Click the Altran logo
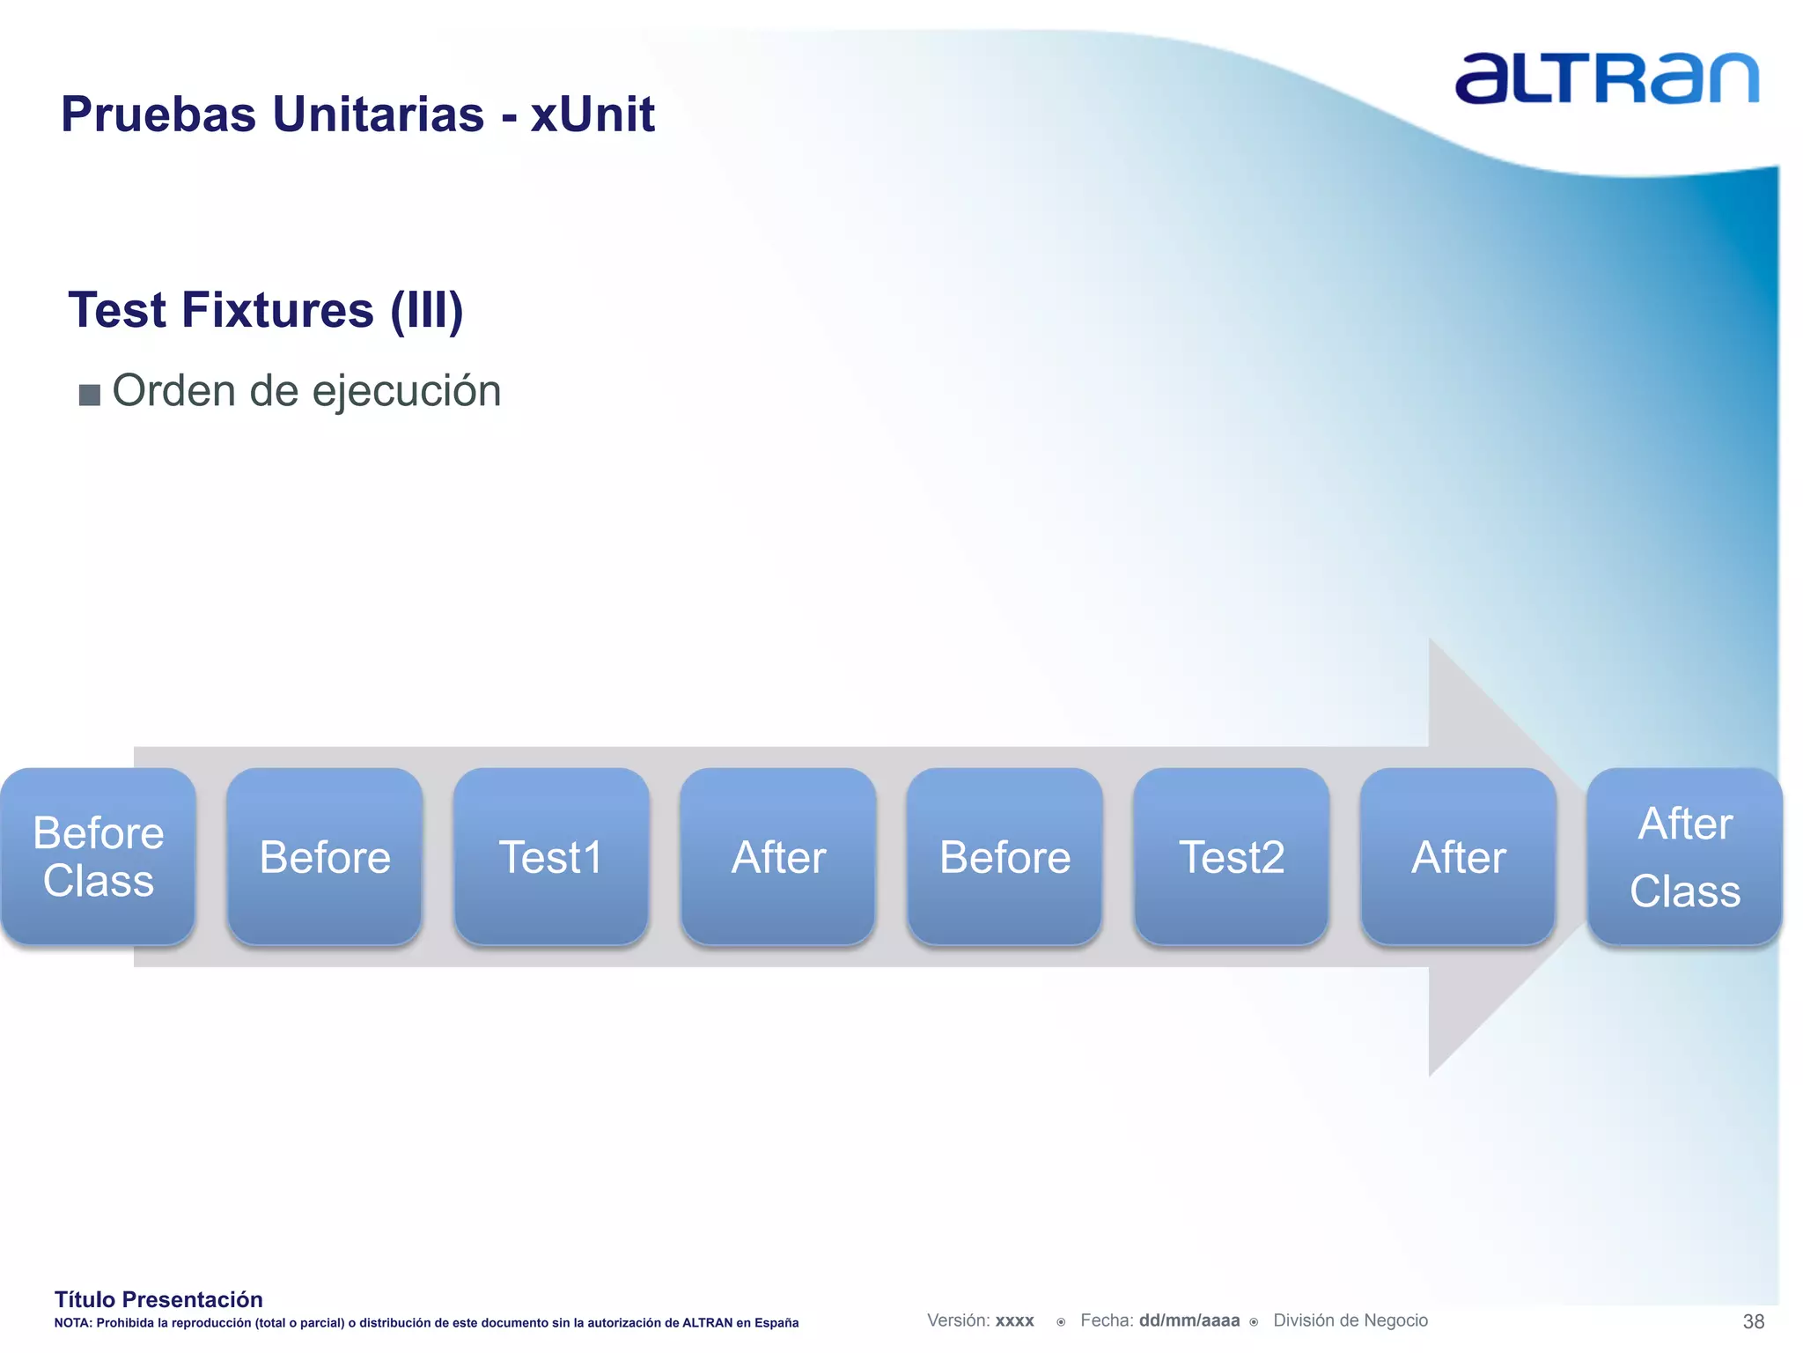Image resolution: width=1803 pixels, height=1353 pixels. coord(1606,78)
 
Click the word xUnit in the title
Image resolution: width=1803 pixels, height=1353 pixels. coord(592,115)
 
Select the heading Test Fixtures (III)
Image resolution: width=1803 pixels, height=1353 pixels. coord(266,310)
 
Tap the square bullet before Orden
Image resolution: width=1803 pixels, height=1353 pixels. coord(89,394)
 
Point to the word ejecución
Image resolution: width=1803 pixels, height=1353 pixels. coord(406,391)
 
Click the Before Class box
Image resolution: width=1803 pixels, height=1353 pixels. coord(98,856)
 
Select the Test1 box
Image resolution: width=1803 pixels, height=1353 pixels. coord(551,856)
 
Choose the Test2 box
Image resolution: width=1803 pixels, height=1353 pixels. coord(1231,856)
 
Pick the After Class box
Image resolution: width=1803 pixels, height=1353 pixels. coord(1684,856)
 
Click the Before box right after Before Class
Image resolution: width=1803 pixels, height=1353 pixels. coord(325,856)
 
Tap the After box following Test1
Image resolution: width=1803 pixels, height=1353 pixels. coord(778,856)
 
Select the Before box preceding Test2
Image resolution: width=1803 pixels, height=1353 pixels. coord(1005,856)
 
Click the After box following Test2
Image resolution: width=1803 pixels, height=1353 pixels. coord(1458,856)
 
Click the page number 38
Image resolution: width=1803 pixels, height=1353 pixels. coord(1753,1321)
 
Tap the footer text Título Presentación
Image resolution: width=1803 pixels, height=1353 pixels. coord(158,1299)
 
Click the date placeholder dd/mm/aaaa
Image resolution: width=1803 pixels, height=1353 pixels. coord(1189,1320)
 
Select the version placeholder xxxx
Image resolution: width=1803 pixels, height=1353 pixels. coord(1014,1321)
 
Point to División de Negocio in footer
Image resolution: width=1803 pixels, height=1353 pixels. coord(1350,1320)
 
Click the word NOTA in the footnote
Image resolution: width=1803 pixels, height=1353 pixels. coord(72,1323)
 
